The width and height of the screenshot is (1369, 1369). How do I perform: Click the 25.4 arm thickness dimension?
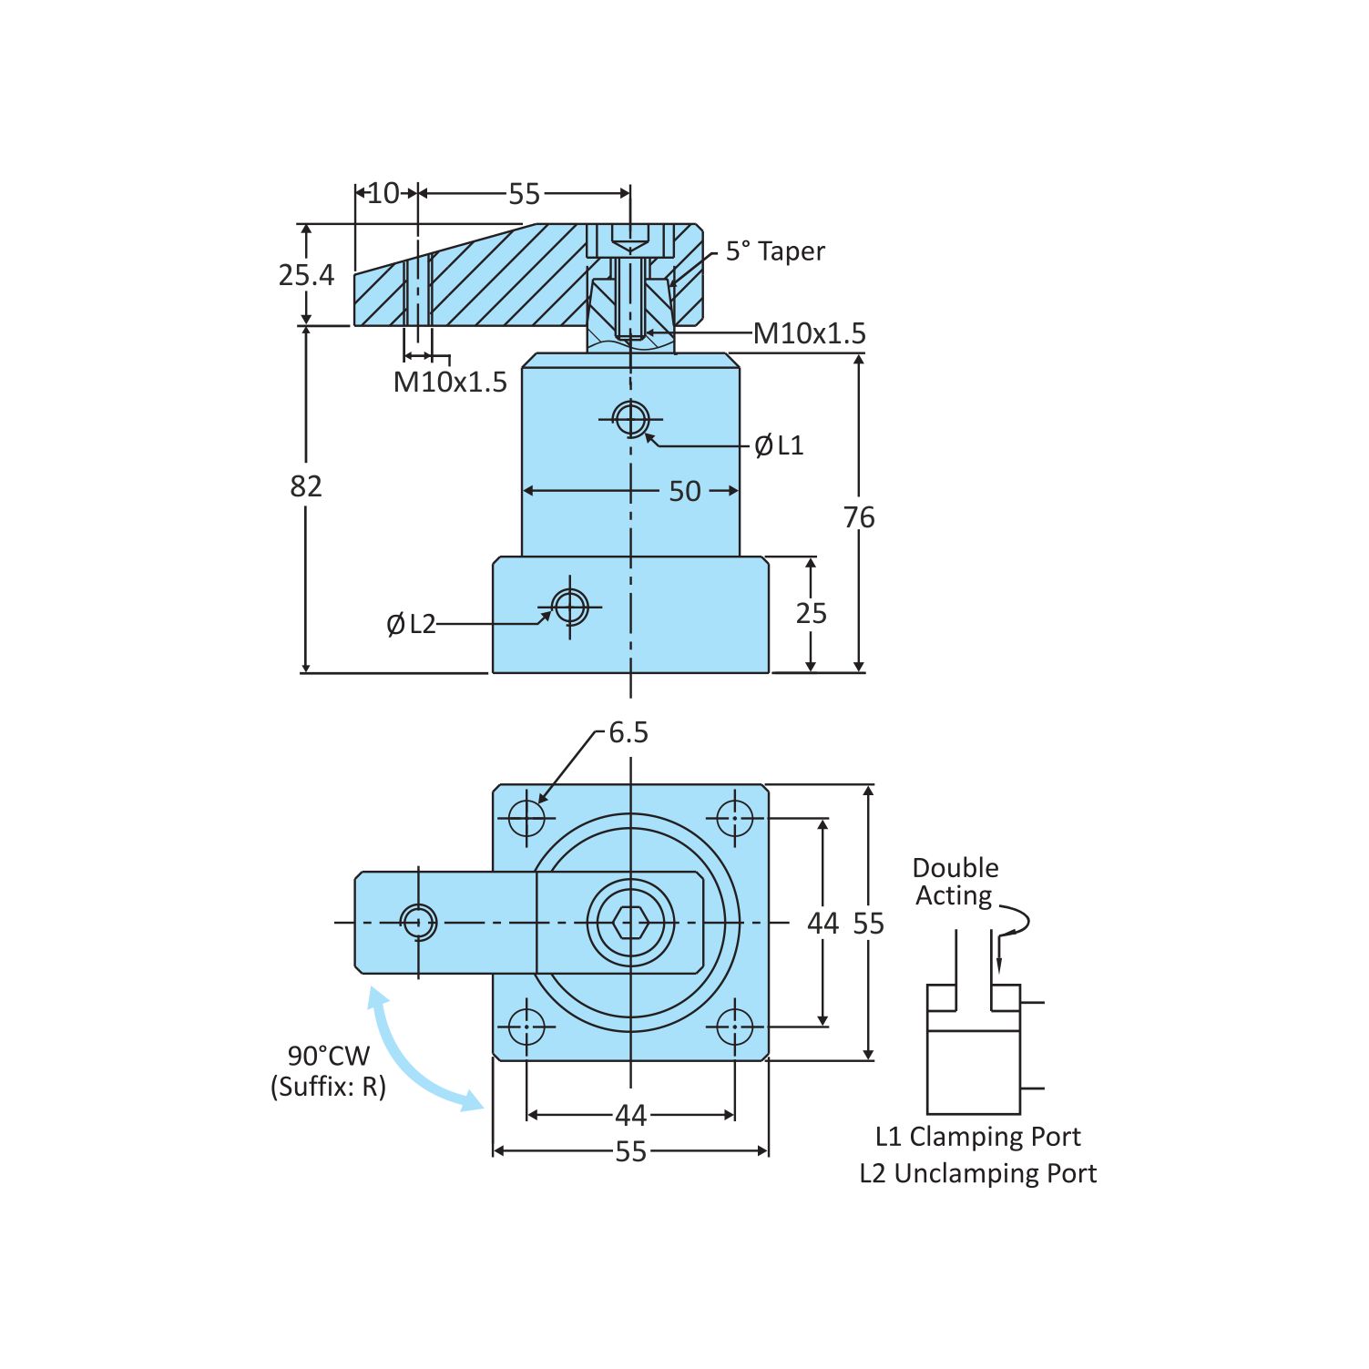point(306,275)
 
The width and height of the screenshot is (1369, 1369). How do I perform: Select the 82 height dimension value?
point(306,486)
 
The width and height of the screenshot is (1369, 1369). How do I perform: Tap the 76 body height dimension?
point(858,517)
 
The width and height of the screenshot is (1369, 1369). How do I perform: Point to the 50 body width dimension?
point(685,491)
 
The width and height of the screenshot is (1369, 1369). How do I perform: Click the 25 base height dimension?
point(811,613)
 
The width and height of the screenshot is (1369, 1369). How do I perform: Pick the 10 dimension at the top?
point(383,193)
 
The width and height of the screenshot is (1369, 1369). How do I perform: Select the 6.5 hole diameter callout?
point(628,732)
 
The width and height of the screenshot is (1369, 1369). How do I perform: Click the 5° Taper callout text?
point(775,251)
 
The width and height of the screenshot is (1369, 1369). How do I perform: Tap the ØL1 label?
point(779,445)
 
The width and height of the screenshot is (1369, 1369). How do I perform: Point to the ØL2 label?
point(411,624)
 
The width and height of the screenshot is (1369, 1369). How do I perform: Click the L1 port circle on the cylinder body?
point(630,420)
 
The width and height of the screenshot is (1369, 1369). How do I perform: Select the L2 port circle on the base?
point(570,606)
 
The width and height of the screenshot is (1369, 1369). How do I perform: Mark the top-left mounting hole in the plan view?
point(526,817)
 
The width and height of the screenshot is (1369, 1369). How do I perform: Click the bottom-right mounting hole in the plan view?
point(734,1027)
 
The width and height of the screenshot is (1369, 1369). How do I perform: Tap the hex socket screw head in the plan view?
point(630,923)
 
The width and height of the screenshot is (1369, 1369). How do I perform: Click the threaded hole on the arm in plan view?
point(418,923)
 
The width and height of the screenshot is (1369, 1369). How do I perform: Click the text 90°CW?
point(329,1056)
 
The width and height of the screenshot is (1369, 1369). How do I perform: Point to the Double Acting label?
point(955,882)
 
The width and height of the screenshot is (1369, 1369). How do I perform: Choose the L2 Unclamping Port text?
point(977,1173)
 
